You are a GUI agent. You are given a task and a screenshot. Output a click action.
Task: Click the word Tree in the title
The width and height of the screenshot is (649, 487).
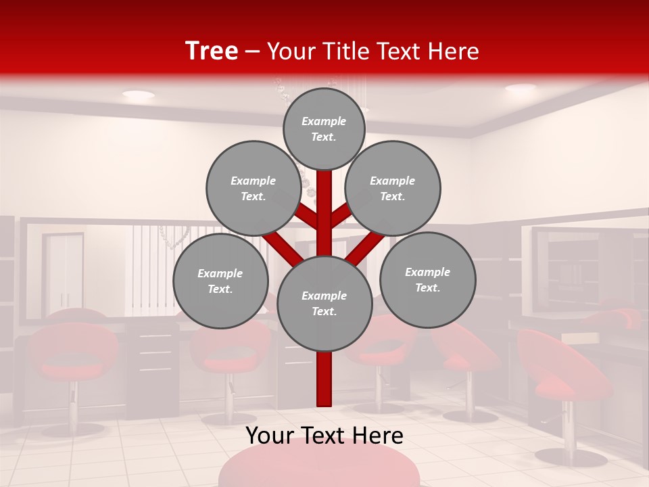[x=212, y=51]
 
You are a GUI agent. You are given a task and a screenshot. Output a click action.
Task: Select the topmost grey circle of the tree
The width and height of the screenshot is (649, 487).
[x=324, y=129]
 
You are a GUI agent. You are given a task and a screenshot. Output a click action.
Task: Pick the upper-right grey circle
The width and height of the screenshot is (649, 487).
[x=393, y=188]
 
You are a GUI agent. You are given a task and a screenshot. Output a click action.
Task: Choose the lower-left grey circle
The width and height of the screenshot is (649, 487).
[x=220, y=281]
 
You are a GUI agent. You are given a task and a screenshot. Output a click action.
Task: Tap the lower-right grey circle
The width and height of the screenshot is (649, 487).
[x=428, y=279]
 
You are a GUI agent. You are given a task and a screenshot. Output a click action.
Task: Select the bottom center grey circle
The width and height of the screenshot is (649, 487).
[x=324, y=304]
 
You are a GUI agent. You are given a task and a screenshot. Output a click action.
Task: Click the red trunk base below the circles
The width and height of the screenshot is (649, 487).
[x=324, y=382]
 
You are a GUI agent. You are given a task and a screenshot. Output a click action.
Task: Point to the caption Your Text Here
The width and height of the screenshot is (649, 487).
[x=324, y=436]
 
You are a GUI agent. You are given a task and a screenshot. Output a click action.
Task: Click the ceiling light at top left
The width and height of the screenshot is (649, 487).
[x=138, y=95]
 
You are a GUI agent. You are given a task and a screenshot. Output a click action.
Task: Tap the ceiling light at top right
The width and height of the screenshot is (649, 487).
[x=520, y=88]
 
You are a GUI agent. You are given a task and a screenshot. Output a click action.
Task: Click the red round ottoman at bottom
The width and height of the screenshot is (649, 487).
[x=319, y=467]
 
